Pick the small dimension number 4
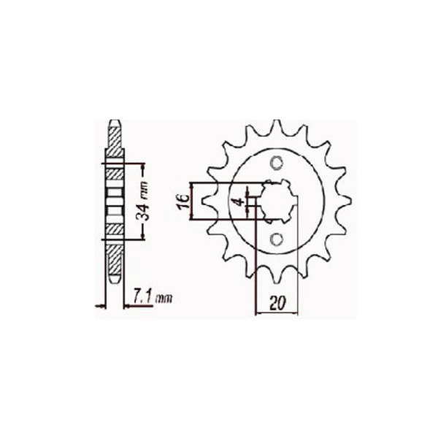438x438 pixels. click(237, 201)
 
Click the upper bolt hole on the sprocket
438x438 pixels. click(277, 162)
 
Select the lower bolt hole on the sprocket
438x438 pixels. click(277, 239)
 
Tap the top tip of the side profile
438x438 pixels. click(114, 122)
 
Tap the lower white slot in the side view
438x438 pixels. click(113, 212)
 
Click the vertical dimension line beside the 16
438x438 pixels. click(194, 201)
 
